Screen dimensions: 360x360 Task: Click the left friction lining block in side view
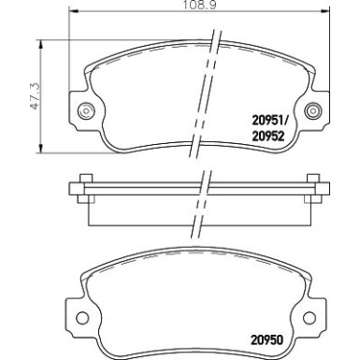[140, 213]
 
